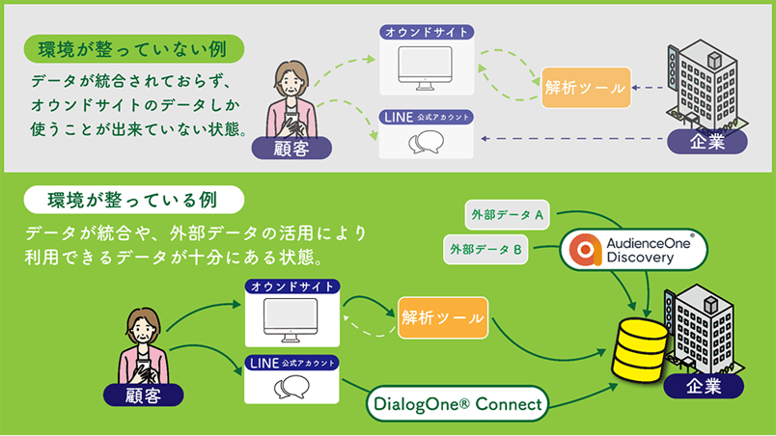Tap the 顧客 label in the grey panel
point(291,148)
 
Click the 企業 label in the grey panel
point(708,141)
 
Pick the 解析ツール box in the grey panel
point(585,87)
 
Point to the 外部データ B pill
point(486,250)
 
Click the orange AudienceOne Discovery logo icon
point(585,249)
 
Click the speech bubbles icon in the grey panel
point(426,144)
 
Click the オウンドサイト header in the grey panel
point(427,32)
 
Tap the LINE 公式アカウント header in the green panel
point(291,364)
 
